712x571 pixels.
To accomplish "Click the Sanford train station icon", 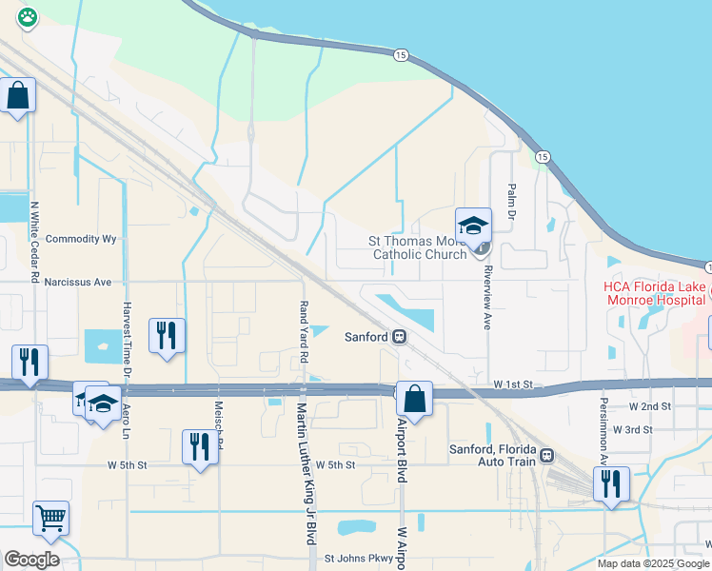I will coord(401,337).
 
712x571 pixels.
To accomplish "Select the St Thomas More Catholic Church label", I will coord(419,247).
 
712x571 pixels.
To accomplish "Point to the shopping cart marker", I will coord(51,520).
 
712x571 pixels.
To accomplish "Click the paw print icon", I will coord(27,16).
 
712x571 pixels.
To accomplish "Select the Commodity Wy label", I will coord(81,239).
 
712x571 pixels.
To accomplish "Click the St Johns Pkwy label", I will coord(360,559).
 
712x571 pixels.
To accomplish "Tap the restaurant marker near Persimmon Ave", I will coord(611,484).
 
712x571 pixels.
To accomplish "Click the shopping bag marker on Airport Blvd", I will coord(414,399).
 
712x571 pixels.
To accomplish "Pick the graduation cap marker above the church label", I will coord(473,226).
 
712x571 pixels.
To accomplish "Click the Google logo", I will coord(31,560).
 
